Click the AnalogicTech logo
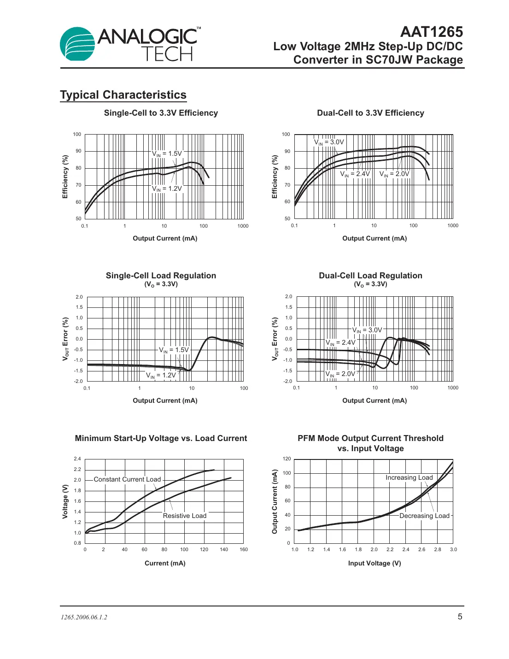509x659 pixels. click(130, 44)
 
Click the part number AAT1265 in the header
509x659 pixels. click(431, 32)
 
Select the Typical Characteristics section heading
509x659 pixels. click(123, 95)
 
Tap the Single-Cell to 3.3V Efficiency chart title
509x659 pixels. click(161, 113)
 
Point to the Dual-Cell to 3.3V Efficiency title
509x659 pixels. click(370, 113)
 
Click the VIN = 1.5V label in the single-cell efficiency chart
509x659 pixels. click(167, 154)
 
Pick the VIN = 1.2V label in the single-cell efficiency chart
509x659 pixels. click(167, 189)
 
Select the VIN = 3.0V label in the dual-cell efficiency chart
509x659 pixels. click(329, 142)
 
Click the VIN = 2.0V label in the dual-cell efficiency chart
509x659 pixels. click(394, 174)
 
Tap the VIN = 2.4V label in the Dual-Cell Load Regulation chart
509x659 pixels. click(340, 343)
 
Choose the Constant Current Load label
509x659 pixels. click(127, 479)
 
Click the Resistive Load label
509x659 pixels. click(185, 516)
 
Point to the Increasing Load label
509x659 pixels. click(409, 477)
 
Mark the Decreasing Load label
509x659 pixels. click(424, 516)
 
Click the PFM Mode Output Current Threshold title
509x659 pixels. click(370, 443)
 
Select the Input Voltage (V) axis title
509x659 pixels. click(374, 563)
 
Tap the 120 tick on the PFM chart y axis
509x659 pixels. click(287, 459)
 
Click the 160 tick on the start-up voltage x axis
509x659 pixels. click(244, 549)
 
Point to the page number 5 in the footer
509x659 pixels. click(460, 617)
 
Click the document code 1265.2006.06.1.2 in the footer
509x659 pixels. click(84, 618)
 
